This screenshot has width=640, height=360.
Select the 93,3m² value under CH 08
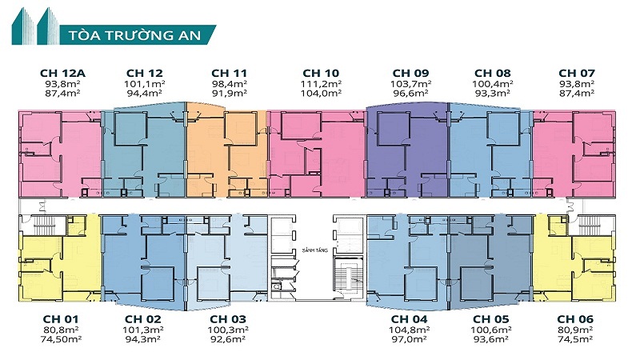[x=493, y=93]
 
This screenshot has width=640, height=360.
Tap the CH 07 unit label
[x=577, y=73]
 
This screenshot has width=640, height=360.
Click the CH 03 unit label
[x=228, y=319]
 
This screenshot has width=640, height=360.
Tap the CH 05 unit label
[x=493, y=319]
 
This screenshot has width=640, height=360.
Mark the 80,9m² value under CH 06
[x=577, y=330]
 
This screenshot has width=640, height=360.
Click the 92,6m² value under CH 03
[x=228, y=339]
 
